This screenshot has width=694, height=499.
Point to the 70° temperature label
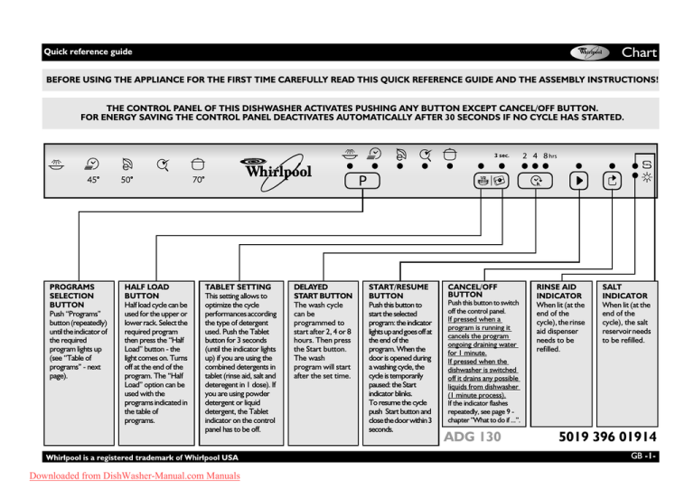(x=198, y=180)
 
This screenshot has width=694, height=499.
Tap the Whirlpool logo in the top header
(x=592, y=52)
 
